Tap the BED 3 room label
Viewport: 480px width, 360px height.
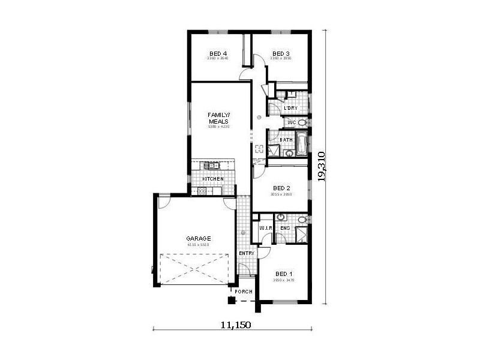281,53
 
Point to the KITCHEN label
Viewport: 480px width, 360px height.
212,179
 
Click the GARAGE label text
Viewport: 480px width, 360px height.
197,238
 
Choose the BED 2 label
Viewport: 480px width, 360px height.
281,187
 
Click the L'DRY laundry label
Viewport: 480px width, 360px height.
291,108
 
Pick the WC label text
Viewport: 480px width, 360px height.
292,122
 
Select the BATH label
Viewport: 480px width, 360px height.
286,140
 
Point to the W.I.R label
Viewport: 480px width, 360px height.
266,228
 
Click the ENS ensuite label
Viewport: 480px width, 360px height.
285,228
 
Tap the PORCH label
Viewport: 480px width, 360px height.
243,292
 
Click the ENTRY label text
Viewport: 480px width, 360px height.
247,253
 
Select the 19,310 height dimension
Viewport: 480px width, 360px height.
322,166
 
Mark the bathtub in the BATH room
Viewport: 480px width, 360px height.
302,143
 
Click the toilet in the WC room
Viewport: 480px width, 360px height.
302,122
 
